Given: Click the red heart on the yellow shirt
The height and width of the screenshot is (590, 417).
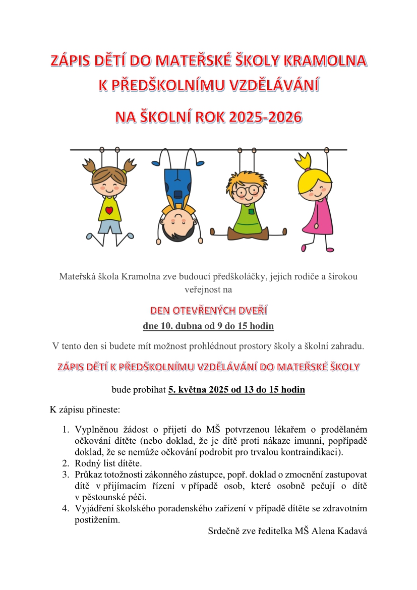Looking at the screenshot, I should click(x=109, y=210).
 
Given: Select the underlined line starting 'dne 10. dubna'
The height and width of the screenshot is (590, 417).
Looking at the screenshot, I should click(x=208, y=326).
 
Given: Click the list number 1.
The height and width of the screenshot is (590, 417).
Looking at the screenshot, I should click(x=65, y=430).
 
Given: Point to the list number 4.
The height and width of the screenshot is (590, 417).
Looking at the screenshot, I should click(x=65, y=508).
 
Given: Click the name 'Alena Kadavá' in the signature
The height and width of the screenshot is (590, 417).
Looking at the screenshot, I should click(x=343, y=531).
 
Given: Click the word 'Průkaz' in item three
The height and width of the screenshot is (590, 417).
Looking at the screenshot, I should click(x=87, y=475).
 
